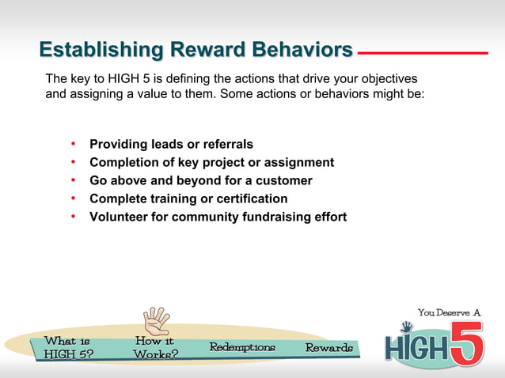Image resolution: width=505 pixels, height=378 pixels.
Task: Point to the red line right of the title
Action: pyautogui.click(x=423, y=53)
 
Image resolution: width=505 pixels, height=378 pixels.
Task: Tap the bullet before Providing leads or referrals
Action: pyautogui.click(x=73, y=144)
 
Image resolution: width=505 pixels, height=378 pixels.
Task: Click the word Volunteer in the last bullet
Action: pyautogui.click(x=118, y=217)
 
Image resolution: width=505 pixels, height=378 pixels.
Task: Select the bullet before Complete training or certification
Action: pyautogui.click(x=73, y=198)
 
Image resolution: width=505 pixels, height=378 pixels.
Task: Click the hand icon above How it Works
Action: pyautogui.click(x=156, y=321)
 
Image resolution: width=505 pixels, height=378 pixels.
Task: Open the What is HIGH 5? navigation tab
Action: pyautogui.click(x=67, y=348)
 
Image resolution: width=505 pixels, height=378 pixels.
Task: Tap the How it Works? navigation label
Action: pyautogui.click(x=155, y=348)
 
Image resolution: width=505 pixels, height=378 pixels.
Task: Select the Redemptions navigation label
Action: pyautogui.click(x=242, y=348)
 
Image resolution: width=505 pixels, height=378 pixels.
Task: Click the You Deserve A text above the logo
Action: pyautogui.click(x=449, y=312)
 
